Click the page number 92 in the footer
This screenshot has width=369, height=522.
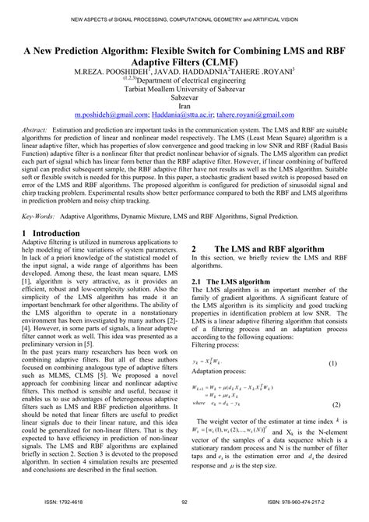[x=184, y=504]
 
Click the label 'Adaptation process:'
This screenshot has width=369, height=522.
[x=220, y=351]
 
